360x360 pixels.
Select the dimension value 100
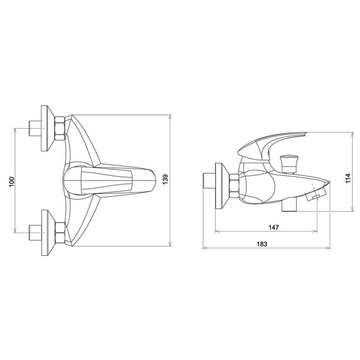click(12, 182)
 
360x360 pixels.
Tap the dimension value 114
click(348, 178)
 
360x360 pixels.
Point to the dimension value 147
click(274, 227)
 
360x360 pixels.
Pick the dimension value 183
click(262, 244)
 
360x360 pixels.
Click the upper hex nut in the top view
click(60, 128)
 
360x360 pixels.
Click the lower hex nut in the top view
click(60, 234)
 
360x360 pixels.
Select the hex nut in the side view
click(234, 185)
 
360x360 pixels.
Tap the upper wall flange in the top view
click(48, 128)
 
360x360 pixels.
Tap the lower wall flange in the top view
click(48, 233)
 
